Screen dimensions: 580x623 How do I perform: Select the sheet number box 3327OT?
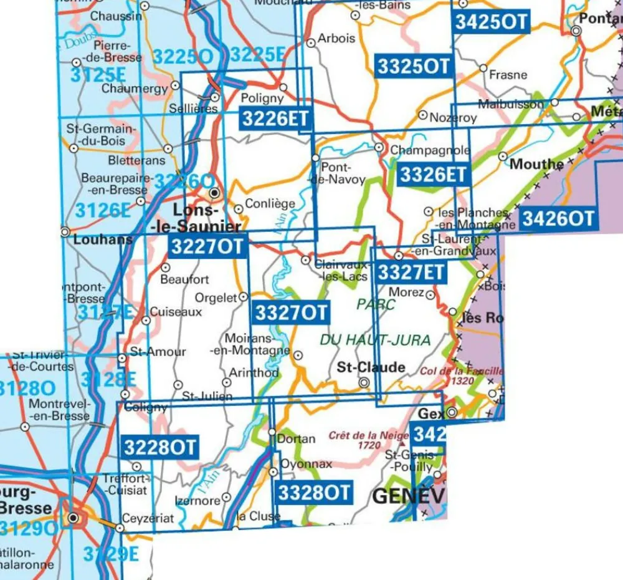290,312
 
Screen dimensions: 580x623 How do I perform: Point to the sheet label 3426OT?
558,218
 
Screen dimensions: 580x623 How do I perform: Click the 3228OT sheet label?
160,447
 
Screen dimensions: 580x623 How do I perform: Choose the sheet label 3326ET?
433,175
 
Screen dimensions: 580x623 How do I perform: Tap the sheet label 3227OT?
207,246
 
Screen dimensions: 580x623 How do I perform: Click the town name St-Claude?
371,367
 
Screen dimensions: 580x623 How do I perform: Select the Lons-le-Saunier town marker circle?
214,192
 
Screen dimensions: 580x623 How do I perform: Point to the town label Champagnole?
430,150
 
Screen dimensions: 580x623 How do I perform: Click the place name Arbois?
336,38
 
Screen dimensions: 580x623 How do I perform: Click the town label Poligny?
262,98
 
